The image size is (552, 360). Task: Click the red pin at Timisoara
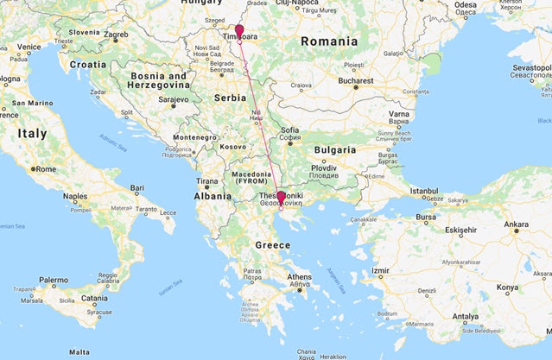[x=240, y=30]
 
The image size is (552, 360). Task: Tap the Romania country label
[x=327, y=41]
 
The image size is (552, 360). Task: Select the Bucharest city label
[x=356, y=80]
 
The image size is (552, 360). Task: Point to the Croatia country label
[x=87, y=64]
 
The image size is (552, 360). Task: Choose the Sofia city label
[x=290, y=131]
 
